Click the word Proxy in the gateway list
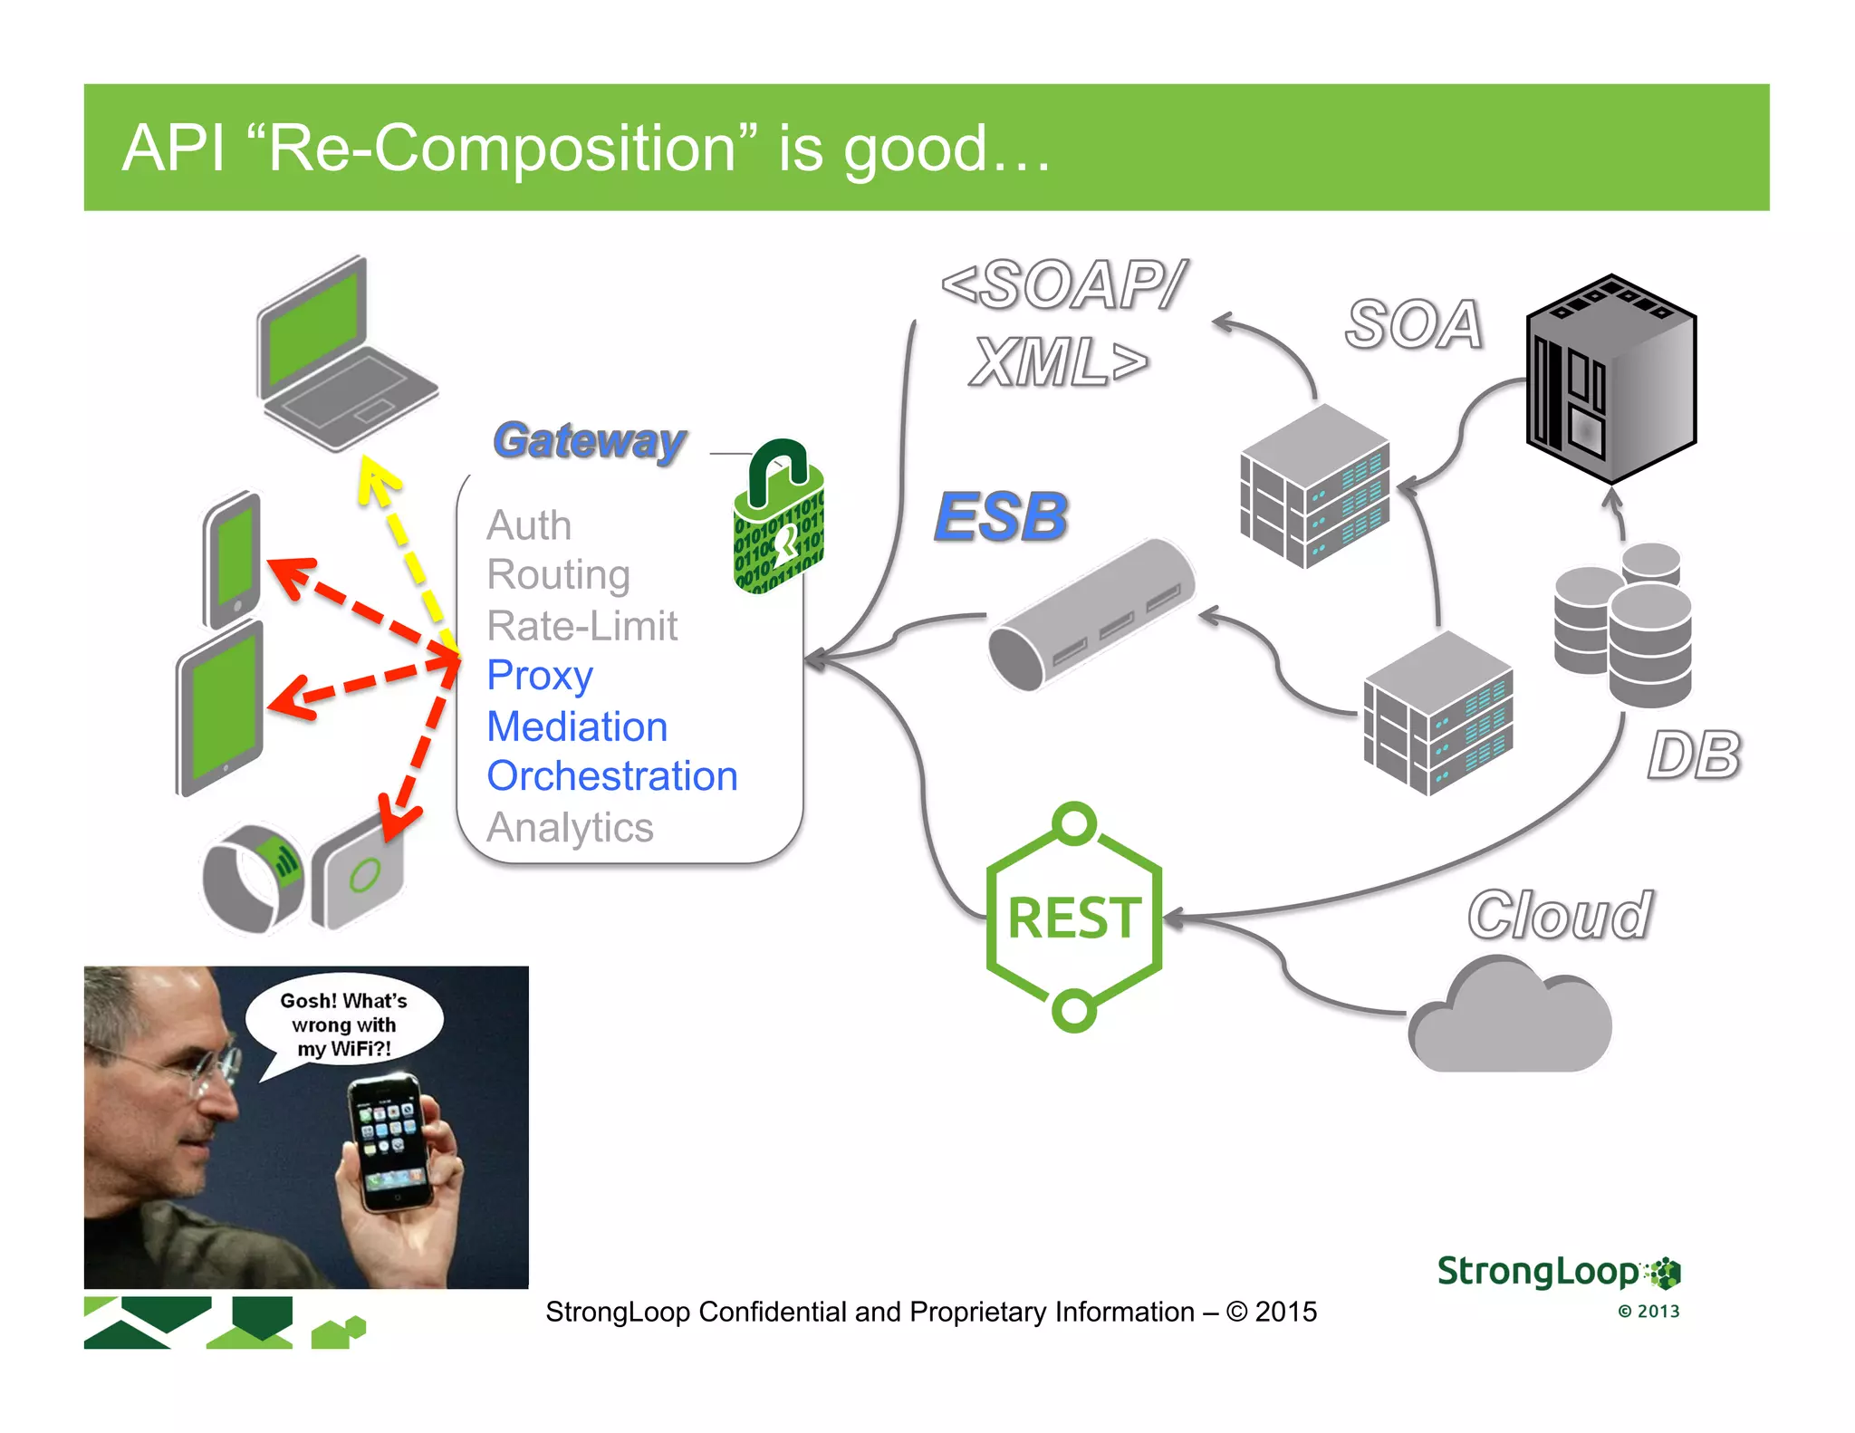(540, 676)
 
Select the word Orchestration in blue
(612, 776)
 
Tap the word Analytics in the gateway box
(570, 828)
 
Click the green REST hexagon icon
(1074, 918)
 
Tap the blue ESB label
(1001, 517)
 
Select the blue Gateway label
(590, 441)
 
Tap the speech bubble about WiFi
(344, 1024)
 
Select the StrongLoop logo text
(1538, 1271)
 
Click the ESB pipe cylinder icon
(1091, 615)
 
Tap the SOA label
(1414, 324)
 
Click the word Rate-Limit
(582, 626)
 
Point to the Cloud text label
(1560, 915)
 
